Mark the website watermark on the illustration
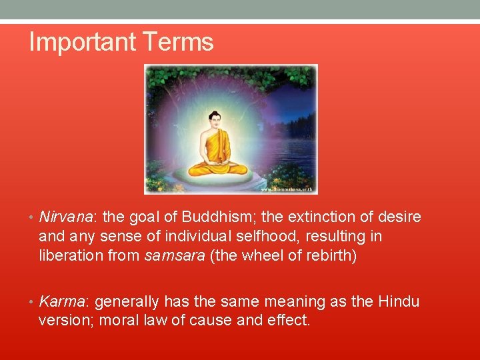click(287, 189)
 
